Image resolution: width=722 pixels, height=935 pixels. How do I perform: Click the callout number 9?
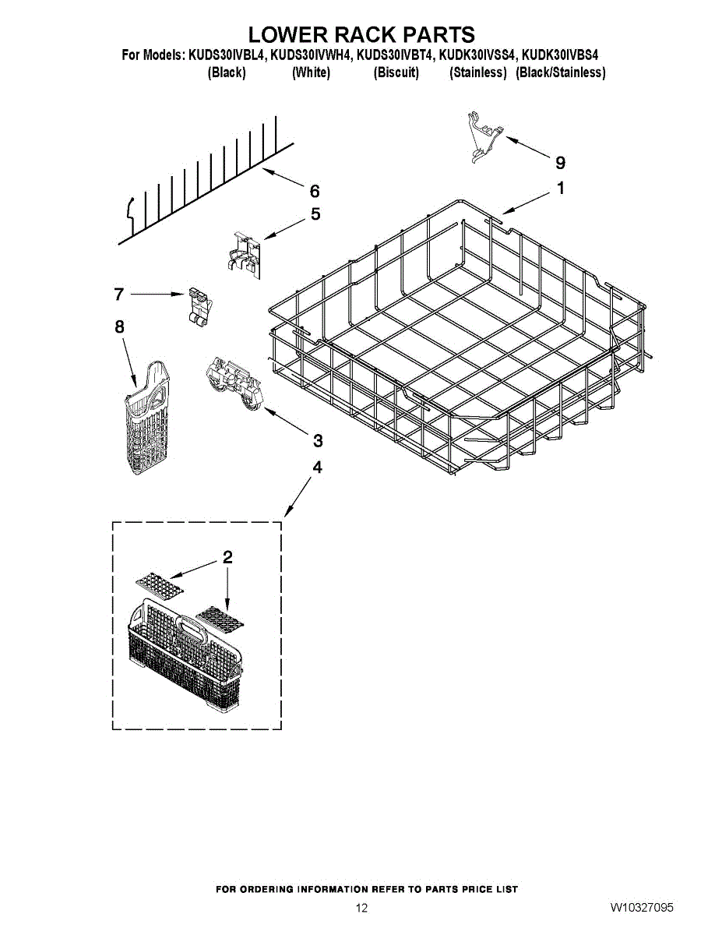click(x=560, y=163)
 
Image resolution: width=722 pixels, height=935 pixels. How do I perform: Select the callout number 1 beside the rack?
click(x=560, y=188)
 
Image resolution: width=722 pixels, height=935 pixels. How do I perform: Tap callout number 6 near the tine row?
click(x=315, y=191)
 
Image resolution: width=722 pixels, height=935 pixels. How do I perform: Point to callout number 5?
click(x=315, y=214)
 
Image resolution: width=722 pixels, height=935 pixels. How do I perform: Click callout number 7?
click(x=119, y=295)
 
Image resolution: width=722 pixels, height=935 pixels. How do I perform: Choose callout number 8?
click(x=119, y=327)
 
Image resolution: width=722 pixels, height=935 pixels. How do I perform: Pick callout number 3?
click(x=318, y=440)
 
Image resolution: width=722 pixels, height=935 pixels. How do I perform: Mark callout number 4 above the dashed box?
click(x=317, y=467)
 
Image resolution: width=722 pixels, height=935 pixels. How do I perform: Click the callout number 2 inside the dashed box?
click(x=227, y=558)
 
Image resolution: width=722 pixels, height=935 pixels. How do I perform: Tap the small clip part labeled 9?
click(x=484, y=137)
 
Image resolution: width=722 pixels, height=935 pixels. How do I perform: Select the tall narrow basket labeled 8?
click(x=147, y=418)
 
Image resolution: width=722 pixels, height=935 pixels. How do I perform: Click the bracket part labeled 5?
click(x=244, y=255)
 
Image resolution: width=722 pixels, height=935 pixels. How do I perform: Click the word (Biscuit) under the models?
click(x=396, y=72)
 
